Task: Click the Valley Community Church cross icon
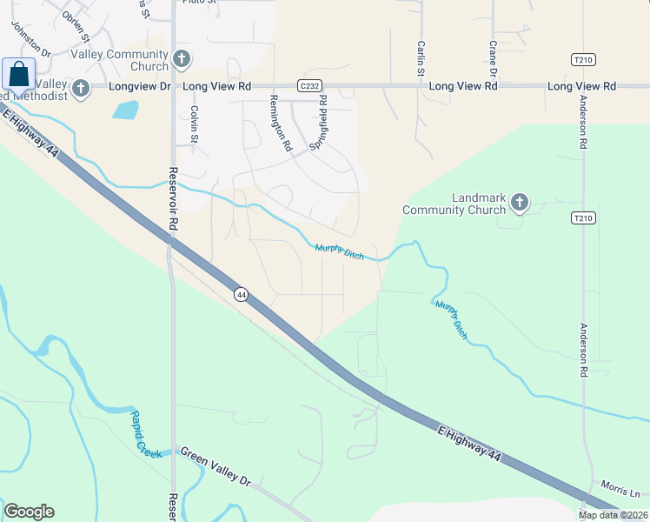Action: [x=181, y=59]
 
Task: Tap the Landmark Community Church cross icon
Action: [x=520, y=203]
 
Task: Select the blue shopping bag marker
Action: [x=18, y=75]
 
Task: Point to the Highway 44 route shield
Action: [x=241, y=295]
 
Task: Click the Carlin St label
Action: [x=420, y=58]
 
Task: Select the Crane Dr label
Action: [x=492, y=57]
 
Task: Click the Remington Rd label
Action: [x=280, y=124]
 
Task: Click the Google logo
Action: [x=29, y=511]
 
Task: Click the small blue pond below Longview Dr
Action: [x=125, y=110]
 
